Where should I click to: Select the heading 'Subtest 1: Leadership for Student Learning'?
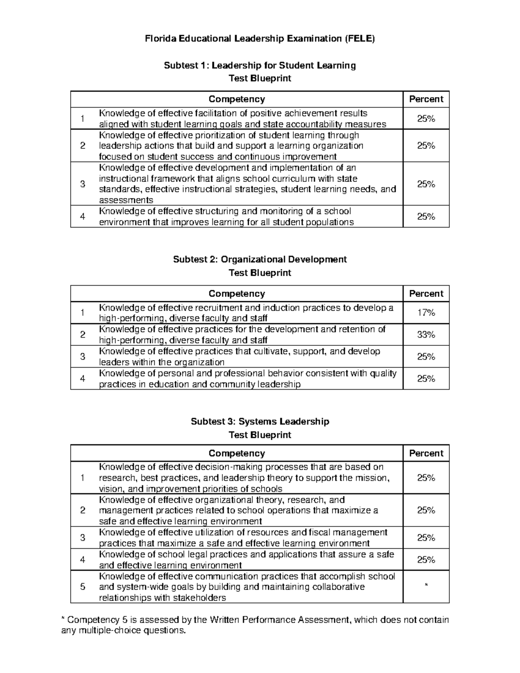[260, 65]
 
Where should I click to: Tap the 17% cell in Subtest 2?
[426, 313]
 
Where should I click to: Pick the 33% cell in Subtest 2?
[426, 335]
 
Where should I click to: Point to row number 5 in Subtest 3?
[83, 587]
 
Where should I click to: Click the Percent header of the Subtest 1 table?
[426, 99]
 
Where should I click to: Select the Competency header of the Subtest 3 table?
[237, 453]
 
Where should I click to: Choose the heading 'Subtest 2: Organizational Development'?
[260, 260]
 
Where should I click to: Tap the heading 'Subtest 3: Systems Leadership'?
[260, 422]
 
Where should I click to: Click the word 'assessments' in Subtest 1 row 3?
[126, 200]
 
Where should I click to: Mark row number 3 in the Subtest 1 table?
[83, 184]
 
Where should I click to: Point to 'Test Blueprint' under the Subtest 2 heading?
[260, 273]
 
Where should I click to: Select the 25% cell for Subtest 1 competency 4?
[426, 217]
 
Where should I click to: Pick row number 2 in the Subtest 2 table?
[83, 335]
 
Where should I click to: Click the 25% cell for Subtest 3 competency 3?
[426, 538]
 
